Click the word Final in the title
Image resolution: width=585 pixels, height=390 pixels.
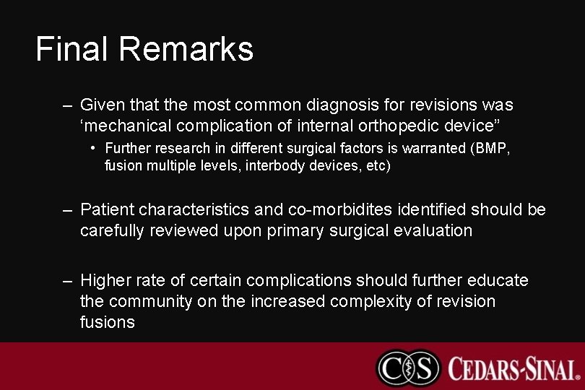[72, 49]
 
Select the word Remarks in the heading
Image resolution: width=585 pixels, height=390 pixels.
[186, 49]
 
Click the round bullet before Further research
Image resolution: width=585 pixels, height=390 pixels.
[95, 149]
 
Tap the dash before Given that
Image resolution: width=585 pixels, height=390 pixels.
[67, 105]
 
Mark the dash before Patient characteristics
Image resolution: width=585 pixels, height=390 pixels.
[67, 210]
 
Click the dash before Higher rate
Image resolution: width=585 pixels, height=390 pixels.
[67, 280]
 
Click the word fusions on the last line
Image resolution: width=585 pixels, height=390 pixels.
[107, 322]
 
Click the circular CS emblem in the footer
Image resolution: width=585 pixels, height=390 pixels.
[408, 367]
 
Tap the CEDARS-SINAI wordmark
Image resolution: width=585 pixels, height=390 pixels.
[513, 368]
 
